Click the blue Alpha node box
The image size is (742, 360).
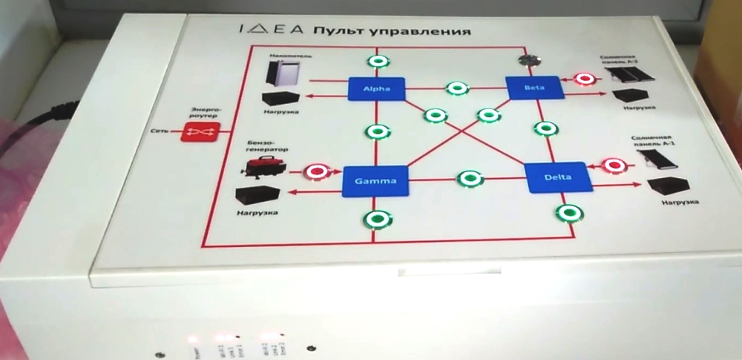376,89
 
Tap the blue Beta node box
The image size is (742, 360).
534,87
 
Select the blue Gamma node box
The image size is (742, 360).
375,180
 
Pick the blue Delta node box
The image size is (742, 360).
557,177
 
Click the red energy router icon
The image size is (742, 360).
198,133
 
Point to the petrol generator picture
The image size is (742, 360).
263,170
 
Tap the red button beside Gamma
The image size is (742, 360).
318,171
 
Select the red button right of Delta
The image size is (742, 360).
613,164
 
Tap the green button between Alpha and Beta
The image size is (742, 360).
457,88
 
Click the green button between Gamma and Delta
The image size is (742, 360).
469,179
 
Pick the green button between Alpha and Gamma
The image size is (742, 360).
376,131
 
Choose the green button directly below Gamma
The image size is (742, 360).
376,220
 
